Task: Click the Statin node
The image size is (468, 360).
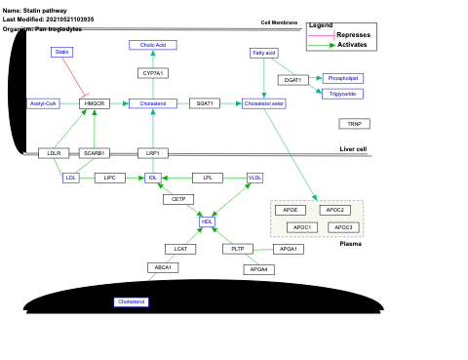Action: coord(62,52)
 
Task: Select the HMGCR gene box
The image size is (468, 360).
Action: coord(94,102)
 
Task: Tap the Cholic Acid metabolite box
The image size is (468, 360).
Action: coord(153,45)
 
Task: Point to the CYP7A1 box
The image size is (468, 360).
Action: coord(153,73)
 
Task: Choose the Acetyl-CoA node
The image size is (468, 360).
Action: coord(44,102)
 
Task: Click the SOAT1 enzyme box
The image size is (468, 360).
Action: coord(205,102)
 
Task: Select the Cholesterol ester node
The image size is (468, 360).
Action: coord(263,102)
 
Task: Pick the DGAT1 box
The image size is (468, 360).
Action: coord(292,80)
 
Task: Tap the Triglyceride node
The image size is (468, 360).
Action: coord(342,94)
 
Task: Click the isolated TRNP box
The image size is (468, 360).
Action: coord(354,124)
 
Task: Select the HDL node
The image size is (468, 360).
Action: coord(207,221)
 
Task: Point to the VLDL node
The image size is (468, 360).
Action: coord(255,178)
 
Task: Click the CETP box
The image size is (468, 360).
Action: coord(177,199)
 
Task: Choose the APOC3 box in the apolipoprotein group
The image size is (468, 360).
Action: coord(342,227)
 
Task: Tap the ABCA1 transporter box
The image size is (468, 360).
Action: coord(162,267)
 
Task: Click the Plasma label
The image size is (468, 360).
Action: coord(351,244)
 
